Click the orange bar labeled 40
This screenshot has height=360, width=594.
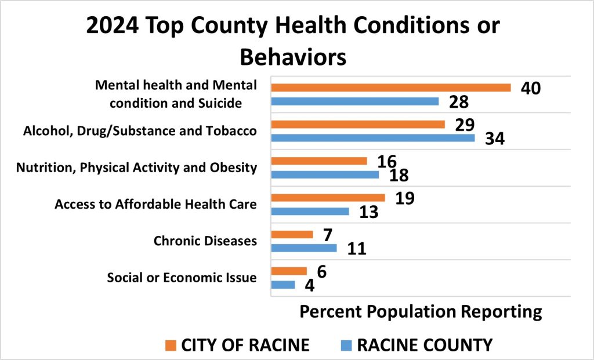391,88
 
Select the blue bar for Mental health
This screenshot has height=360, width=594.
355,101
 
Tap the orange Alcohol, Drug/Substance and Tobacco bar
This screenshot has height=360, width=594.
358,124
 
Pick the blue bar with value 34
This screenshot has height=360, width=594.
373,138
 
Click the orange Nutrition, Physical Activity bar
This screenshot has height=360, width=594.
319,161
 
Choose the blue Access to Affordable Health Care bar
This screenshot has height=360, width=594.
310,211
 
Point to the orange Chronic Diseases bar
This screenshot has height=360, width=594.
292,234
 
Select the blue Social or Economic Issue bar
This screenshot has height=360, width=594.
283,285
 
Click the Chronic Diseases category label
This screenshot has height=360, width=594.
205,241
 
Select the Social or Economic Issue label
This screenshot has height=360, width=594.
182,278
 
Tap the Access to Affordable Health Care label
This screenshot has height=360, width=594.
155,204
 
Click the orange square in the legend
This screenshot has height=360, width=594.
170,346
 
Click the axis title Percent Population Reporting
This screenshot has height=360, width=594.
421,311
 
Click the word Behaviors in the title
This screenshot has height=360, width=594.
293,57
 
